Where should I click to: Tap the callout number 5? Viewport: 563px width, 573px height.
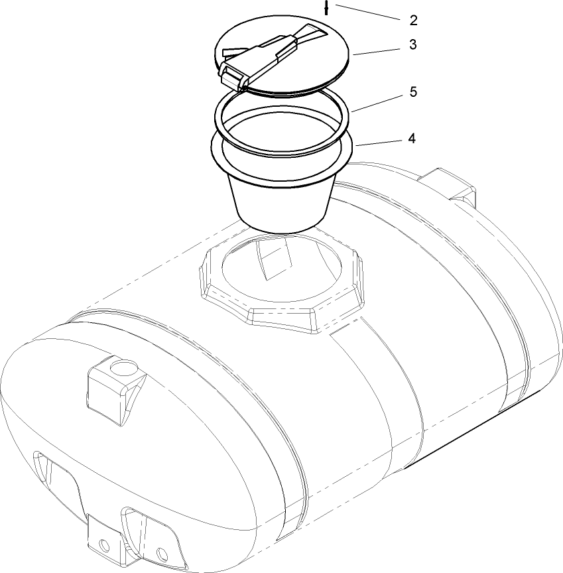(412, 92)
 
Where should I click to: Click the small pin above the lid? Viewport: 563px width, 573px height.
(327, 9)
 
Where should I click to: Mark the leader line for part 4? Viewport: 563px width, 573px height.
(382, 142)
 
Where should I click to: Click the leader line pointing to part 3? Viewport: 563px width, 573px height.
(381, 52)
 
